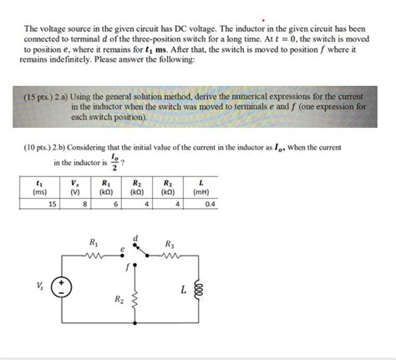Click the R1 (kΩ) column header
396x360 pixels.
pos(104,187)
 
